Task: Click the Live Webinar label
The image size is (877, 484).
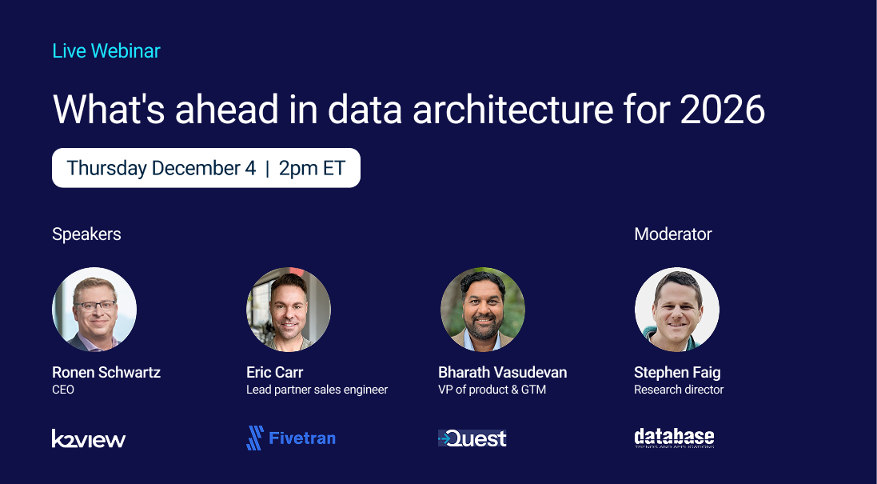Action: pos(106,51)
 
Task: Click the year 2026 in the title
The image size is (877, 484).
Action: pos(722,109)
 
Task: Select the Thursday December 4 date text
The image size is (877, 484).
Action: pos(161,168)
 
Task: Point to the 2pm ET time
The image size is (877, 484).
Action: pos(312,168)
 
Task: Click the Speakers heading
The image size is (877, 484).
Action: pos(86,234)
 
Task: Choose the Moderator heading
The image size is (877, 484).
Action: pos(672,234)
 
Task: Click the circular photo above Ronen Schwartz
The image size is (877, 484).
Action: pos(94,310)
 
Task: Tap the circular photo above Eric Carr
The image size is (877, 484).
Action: pos(289,310)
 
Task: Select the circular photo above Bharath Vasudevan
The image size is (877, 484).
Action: pos(483,310)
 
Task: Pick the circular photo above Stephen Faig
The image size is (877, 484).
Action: pos(677,310)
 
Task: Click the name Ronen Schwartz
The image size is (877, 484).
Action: pos(106,372)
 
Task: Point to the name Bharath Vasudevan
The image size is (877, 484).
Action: pos(502,372)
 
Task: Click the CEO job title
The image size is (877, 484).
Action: pos(63,390)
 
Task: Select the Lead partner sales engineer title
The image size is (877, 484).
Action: pos(317,390)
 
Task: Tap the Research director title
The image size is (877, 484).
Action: pos(679,390)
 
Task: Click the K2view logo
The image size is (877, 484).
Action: pos(89,438)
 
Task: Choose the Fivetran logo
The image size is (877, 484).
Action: pos(291,438)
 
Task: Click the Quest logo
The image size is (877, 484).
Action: pos(472,438)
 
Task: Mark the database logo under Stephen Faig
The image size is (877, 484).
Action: pos(674,438)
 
